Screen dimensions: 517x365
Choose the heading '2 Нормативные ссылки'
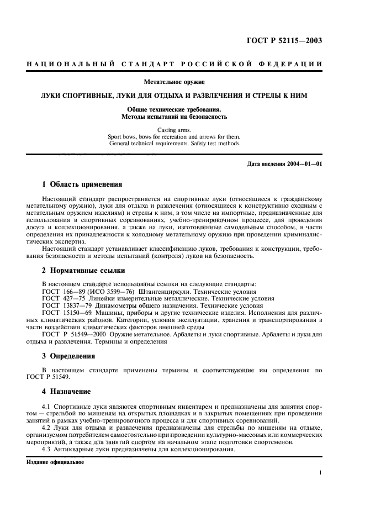click(83, 271)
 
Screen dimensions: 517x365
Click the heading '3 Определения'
click(68, 356)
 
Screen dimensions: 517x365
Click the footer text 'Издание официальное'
click(55, 462)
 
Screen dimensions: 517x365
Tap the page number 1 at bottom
click(320, 473)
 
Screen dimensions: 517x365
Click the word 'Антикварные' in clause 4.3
click(76, 449)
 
